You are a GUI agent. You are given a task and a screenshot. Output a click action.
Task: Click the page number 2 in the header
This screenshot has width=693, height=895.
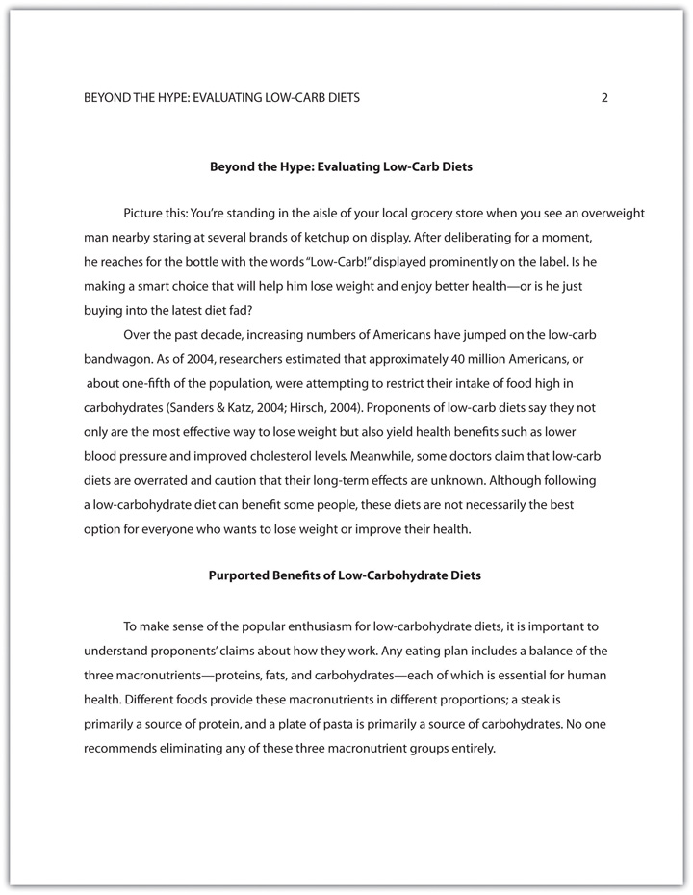pos(604,97)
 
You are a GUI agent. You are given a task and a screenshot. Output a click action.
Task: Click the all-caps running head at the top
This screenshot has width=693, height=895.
pos(222,97)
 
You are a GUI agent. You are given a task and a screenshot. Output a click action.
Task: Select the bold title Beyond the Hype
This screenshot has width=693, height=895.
pos(341,166)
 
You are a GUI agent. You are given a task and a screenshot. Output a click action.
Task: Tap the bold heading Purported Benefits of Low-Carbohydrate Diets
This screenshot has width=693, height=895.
pos(345,575)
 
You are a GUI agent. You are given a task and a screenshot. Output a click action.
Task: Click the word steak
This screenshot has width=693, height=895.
pos(568,699)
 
